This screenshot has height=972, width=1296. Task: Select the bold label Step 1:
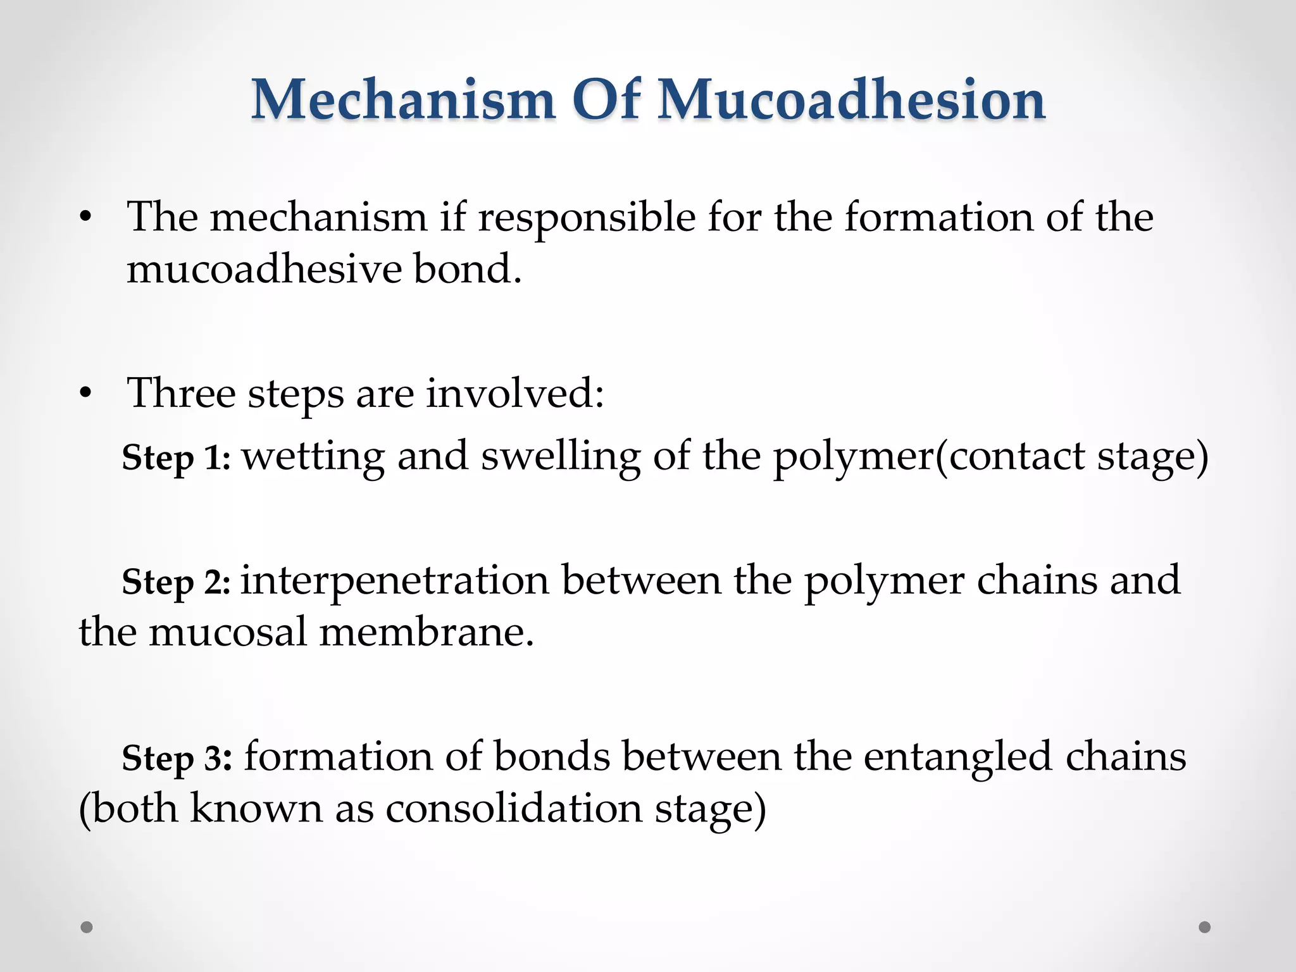177,458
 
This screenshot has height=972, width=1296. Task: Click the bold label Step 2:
177,582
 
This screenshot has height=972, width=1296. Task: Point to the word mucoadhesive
264,269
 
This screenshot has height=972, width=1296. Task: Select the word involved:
514,393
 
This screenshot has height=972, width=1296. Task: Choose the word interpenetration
395,580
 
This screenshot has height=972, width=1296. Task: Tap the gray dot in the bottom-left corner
87,927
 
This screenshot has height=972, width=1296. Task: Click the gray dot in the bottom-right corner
1205,927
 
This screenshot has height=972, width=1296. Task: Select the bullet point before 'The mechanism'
86,218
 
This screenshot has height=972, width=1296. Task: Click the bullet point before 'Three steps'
86,394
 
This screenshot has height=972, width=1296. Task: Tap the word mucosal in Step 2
228,632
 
